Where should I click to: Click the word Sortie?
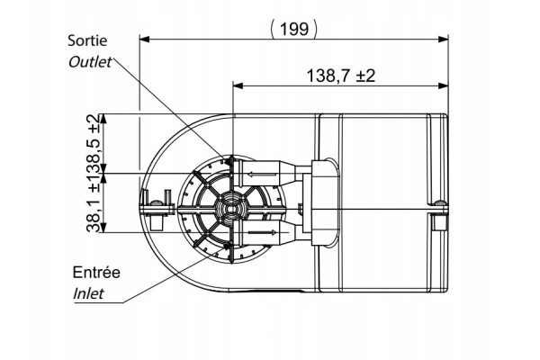[x=87, y=40]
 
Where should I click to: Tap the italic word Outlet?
[x=89, y=62]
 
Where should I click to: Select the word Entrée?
[x=96, y=273]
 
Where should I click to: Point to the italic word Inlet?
[x=88, y=294]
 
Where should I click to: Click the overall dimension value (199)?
[x=293, y=29]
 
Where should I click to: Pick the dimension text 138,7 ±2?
[x=340, y=76]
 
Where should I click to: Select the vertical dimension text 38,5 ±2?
[x=94, y=143]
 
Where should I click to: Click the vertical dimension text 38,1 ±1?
[x=94, y=203]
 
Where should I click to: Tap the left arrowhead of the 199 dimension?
[x=144, y=39]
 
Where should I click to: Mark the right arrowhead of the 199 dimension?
[x=443, y=39]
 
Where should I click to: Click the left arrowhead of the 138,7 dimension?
[x=238, y=85]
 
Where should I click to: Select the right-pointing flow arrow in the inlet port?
[x=262, y=232]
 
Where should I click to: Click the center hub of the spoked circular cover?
[x=231, y=209]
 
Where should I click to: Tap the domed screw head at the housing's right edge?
[x=438, y=202]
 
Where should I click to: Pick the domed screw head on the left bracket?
[x=157, y=202]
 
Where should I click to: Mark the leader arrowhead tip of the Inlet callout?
[x=229, y=246]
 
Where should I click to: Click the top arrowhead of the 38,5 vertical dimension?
[x=103, y=119]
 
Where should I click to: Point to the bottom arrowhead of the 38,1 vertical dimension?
[x=103, y=228]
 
